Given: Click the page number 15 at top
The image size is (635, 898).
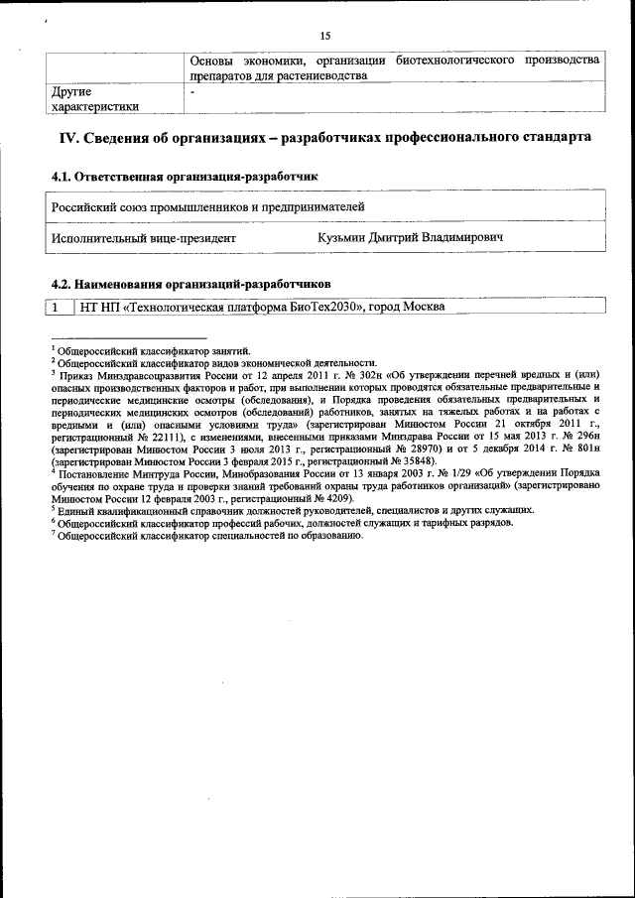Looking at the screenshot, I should tap(323, 36).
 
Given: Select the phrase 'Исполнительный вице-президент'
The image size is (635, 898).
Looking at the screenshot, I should tap(143, 238).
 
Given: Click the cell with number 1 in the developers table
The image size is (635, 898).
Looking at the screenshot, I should tap(58, 307).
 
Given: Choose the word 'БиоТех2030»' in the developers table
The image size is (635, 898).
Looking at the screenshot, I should tap(322, 307).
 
